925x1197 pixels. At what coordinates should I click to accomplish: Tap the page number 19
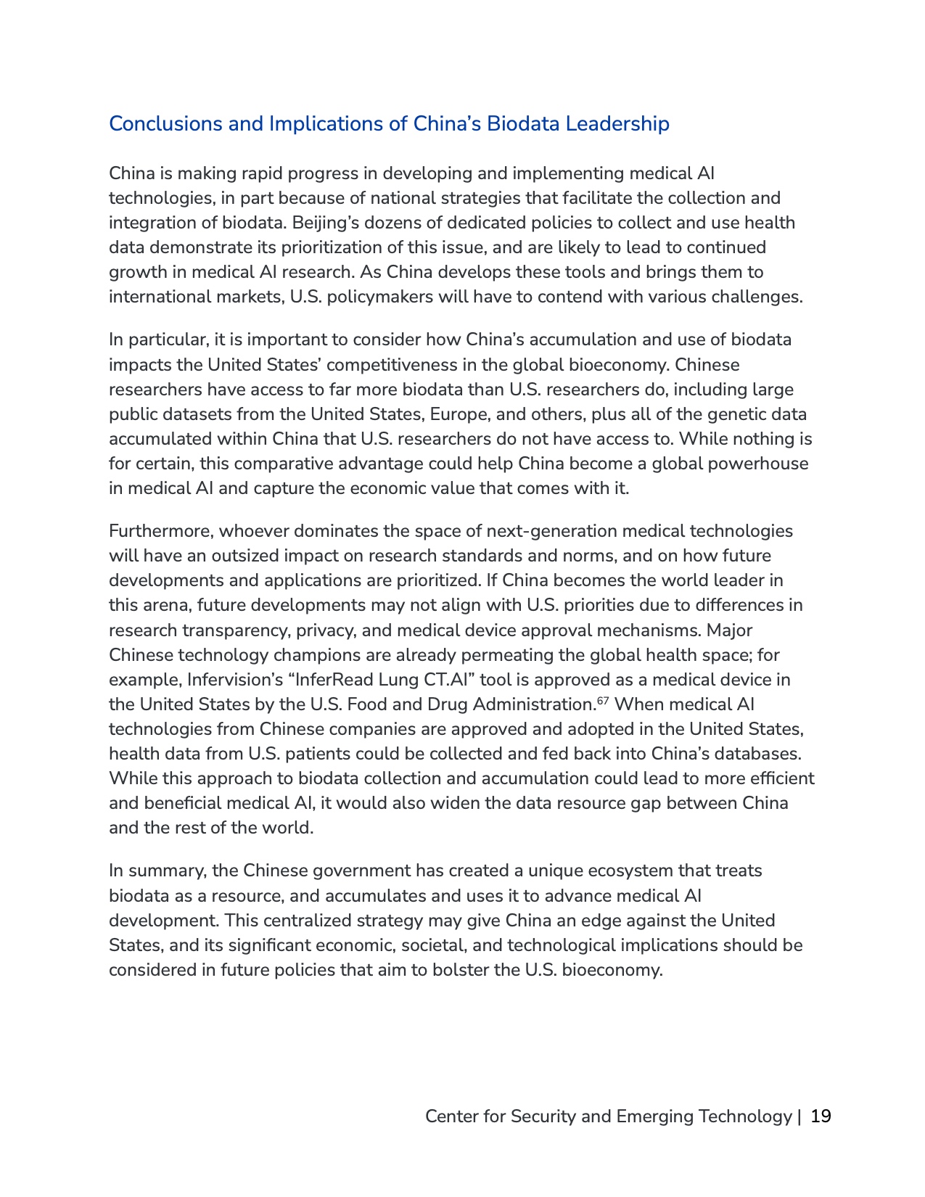[821, 1116]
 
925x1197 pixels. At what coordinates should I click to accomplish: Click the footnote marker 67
[602, 701]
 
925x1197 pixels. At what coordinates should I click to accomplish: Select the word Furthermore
[160, 531]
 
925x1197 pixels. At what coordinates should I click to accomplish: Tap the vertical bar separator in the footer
[799, 1116]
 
